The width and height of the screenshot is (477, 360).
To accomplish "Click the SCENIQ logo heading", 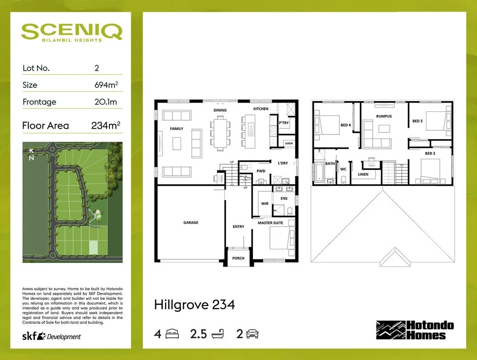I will click(72, 32).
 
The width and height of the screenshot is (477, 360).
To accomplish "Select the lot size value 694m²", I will click(106, 85).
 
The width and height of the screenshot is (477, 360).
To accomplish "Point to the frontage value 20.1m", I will click(106, 102).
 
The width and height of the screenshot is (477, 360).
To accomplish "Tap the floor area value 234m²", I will click(106, 125).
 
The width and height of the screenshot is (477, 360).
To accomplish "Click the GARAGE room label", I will click(191, 222).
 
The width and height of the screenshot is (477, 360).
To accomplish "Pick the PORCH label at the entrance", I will click(238, 258).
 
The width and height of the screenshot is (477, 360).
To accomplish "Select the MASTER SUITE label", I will click(270, 222).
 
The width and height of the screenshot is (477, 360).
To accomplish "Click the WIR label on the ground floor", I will click(265, 204).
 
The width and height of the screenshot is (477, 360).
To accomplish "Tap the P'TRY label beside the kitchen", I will click(284, 123).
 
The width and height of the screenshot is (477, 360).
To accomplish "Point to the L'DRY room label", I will click(283, 163).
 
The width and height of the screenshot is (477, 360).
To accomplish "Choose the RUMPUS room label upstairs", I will click(384, 116).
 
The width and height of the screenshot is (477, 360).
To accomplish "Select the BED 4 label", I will click(345, 125).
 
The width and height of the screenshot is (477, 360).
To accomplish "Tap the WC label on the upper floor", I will click(343, 169).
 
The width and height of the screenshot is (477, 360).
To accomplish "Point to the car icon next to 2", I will click(252, 334).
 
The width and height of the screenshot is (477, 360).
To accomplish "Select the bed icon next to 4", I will click(172, 334).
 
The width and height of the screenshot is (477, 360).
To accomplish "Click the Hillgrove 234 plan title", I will click(194, 304).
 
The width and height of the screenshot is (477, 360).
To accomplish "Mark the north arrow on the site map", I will click(31, 155).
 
